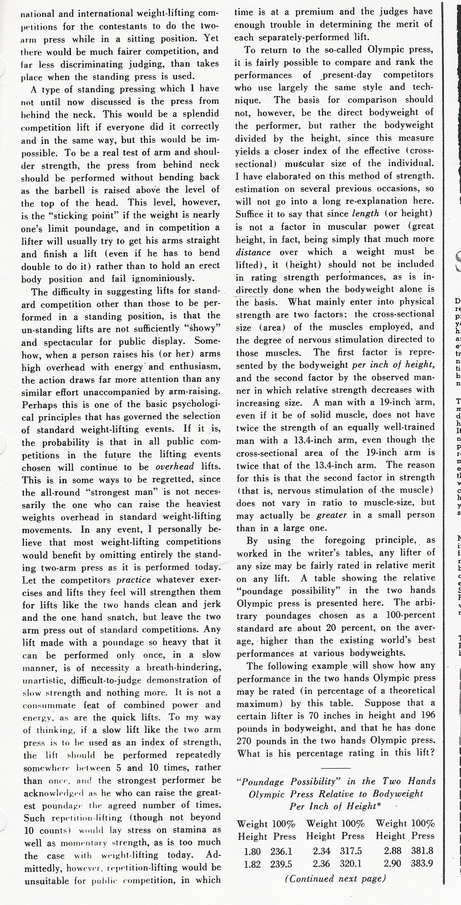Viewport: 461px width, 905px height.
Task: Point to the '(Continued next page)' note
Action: [335, 878]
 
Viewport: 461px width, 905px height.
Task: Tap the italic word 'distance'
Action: [253, 251]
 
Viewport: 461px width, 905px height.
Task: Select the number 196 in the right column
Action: [425, 715]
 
